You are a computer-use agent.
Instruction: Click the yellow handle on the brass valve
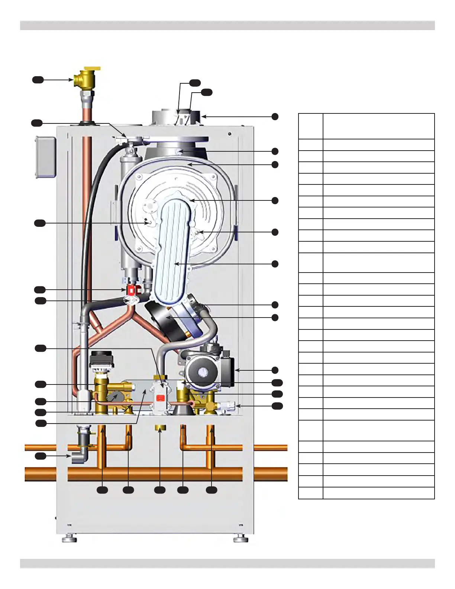[92, 69]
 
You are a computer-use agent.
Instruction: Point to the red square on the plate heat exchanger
[160, 398]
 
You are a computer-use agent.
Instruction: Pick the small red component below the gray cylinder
[131, 290]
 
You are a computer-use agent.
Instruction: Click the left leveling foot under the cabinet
[69, 538]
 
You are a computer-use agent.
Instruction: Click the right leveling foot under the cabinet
[241, 538]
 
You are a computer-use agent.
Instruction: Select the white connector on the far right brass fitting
[228, 406]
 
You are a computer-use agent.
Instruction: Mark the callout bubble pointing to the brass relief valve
[38, 80]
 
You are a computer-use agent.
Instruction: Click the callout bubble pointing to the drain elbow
[41, 456]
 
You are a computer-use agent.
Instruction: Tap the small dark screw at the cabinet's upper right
[230, 134]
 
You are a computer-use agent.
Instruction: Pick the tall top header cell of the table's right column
[378, 126]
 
